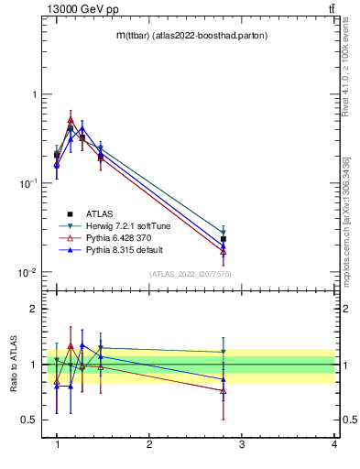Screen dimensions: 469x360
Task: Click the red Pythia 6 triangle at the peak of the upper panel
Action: point(71,119)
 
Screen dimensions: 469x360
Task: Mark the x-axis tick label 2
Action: point(149,444)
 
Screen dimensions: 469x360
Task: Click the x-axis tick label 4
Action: point(333,444)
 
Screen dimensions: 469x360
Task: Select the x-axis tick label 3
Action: point(242,444)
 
